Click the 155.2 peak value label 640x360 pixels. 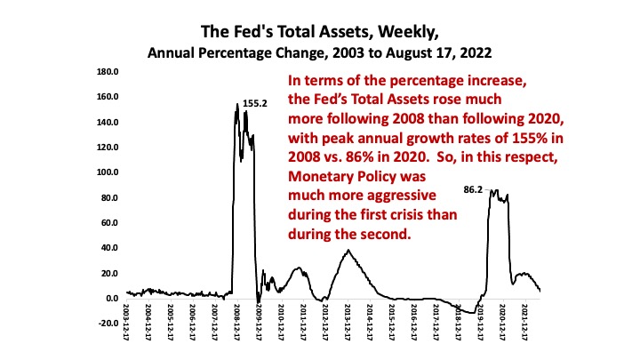click(x=255, y=104)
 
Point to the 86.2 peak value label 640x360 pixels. click(x=473, y=190)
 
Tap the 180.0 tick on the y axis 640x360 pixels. click(x=108, y=72)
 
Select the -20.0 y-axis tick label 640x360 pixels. click(x=108, y=324)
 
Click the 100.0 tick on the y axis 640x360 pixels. click(x=108, y=172)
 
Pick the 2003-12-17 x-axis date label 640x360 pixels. click(x=127, y=321)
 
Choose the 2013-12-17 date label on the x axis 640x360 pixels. click(x=348, y=321)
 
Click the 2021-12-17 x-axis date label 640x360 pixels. click(x=525, y=321)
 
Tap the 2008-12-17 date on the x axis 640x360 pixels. click(x=237, y=321)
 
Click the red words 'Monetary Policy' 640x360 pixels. click(x=342, y=177)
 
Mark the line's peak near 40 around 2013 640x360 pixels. click(x=348, y=250)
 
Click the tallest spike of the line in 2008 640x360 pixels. click(x=237, y=104)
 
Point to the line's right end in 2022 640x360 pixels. click(x=540, y=291)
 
